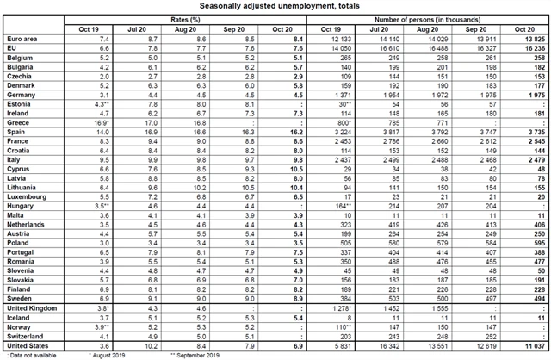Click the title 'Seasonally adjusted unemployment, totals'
tap(275, 7)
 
